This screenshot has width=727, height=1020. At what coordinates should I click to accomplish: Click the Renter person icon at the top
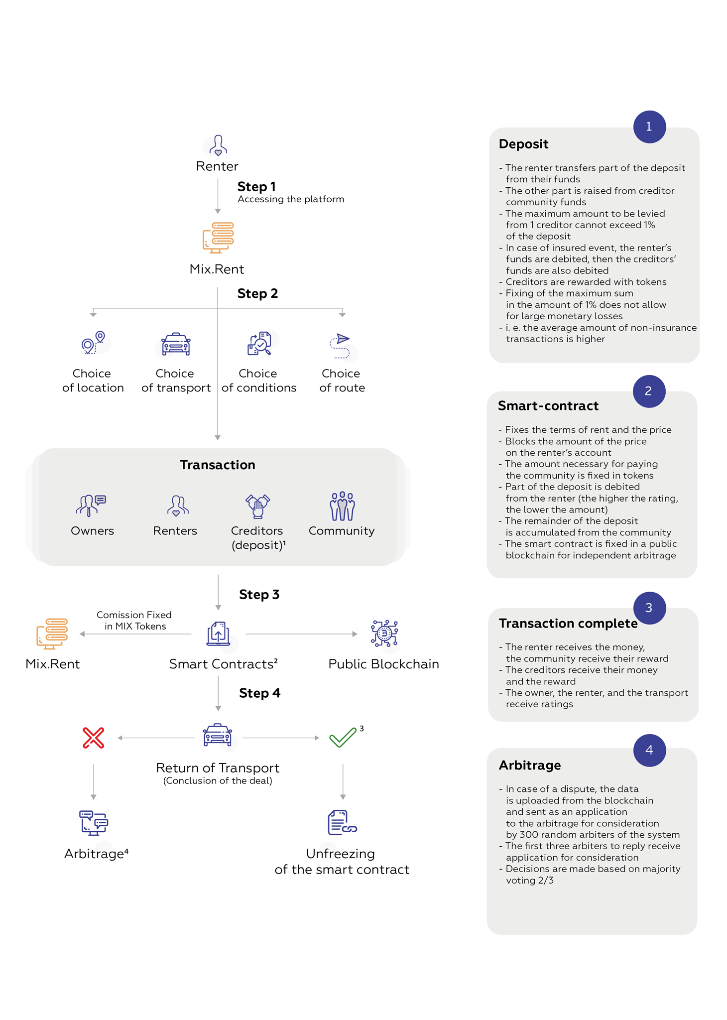[218, 145]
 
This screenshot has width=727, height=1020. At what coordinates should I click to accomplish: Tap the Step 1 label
[256, 187]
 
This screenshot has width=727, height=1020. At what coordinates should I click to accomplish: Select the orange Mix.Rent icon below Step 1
[218, 238]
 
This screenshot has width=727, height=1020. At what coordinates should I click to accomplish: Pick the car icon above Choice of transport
[176, 344]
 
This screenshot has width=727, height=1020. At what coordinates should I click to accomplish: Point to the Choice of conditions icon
[259, 343]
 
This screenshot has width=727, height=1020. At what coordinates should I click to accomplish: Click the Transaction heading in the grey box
[218, 465]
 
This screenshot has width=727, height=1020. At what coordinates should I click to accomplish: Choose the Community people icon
[342, 506]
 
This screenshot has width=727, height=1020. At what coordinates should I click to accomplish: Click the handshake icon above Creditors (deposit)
[257, 506]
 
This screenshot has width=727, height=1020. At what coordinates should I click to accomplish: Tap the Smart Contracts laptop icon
[218, 634]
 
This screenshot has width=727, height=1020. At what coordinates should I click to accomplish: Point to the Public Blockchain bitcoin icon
[384, 634]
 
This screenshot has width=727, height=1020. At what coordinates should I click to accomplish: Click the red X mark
[94, 738]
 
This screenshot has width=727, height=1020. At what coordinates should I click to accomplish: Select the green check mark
[343, 737]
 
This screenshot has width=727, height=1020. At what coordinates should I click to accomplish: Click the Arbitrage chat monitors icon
[94, 822]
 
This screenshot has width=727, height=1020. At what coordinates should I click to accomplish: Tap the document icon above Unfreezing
[342, 822]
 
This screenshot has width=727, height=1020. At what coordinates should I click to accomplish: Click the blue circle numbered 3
[649, 608]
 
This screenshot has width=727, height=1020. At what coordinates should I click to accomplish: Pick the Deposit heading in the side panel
[523, 144]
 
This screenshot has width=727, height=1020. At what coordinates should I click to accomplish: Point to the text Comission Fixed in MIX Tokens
[134, 621]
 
